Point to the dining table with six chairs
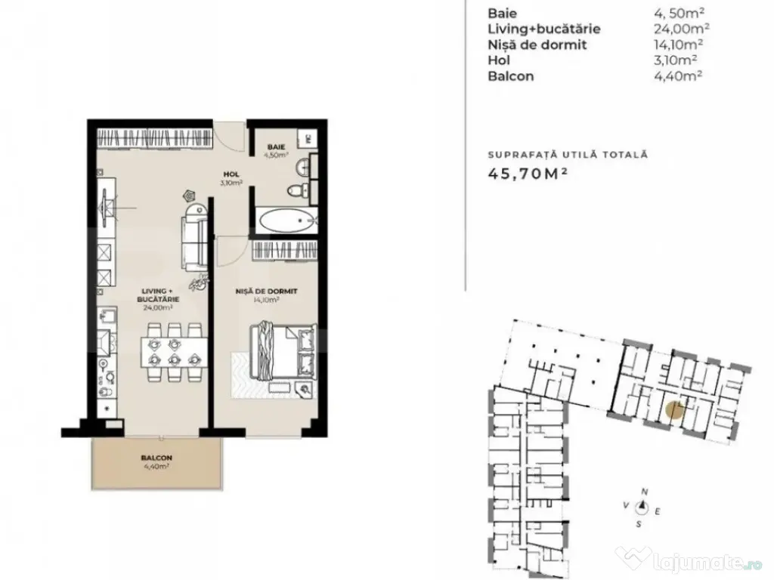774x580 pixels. [x=173, y=351]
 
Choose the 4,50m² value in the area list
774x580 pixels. [x=674, y=13]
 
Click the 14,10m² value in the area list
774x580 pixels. [x=674, y=45]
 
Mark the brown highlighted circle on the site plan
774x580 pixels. [x=674, y=410]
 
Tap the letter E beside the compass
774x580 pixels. [x=658, y=511]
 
